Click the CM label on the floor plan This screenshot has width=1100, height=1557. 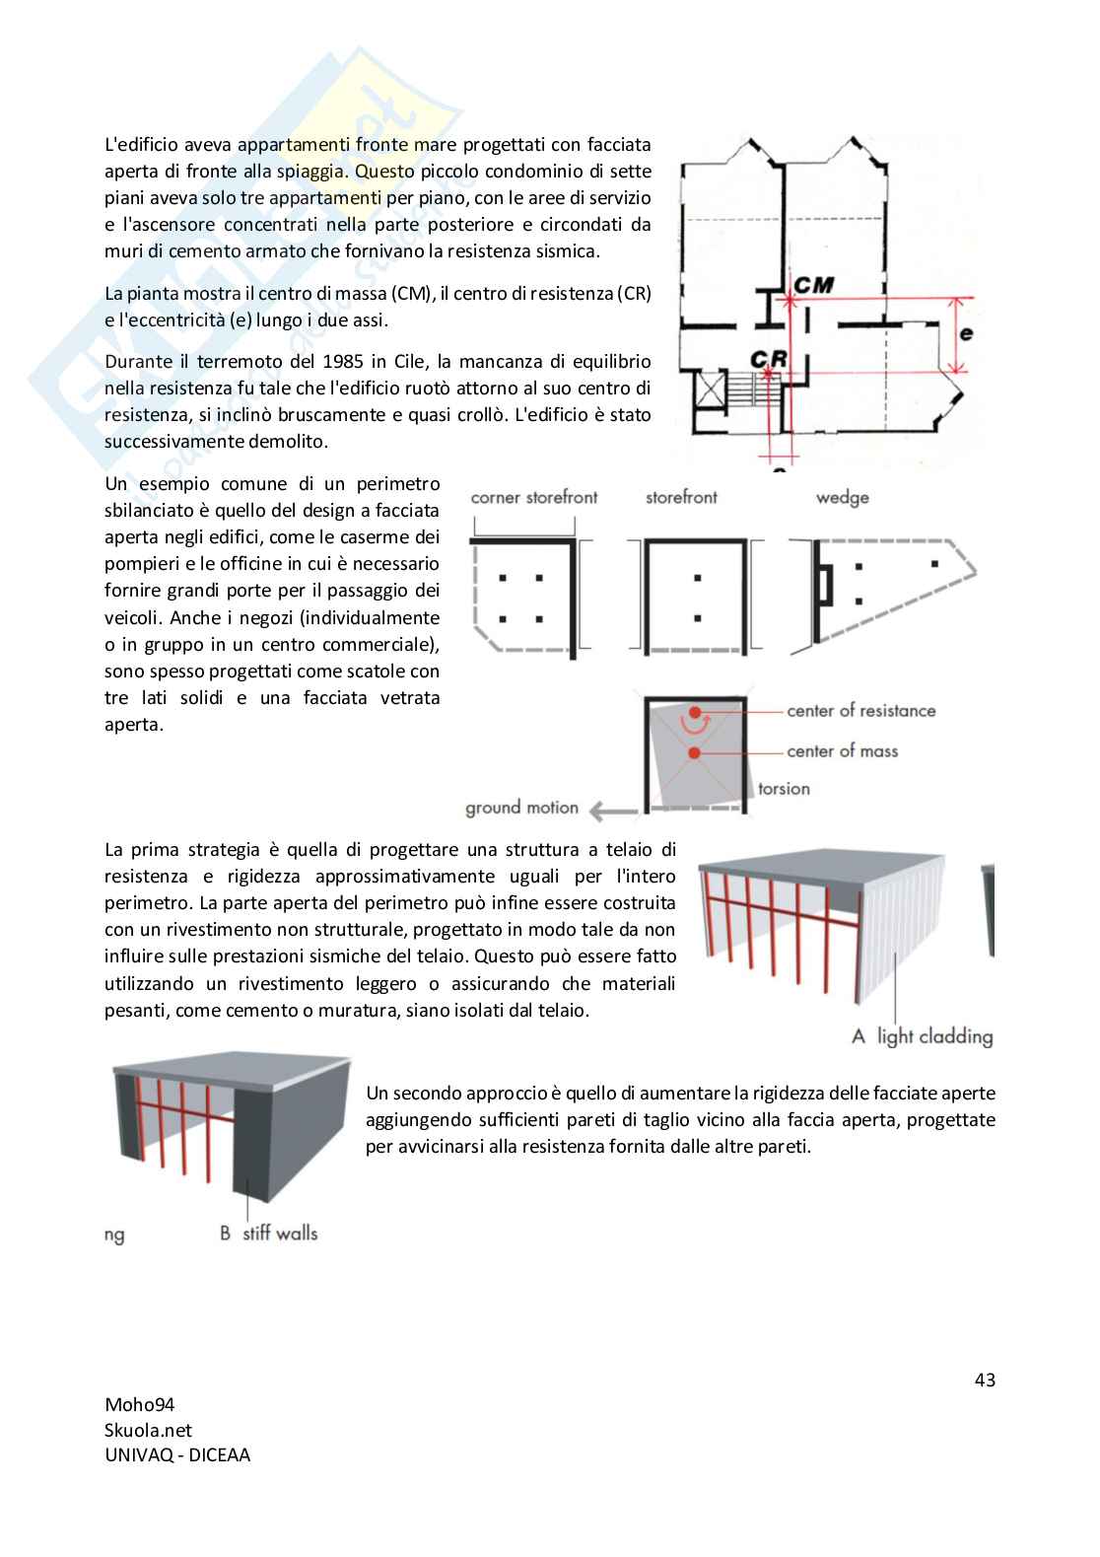(813, 285)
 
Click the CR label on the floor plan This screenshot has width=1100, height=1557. (769, 359)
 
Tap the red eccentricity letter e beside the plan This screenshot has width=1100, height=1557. (966, 333)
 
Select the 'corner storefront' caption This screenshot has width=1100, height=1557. (533, 498)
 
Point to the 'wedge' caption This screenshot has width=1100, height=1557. (842, 498)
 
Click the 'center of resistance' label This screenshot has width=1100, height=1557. (860, 711)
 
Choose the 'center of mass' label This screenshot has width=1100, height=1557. (842, 751)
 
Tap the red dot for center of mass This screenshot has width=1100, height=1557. (695, 752)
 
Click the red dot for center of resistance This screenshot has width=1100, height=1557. (695, 712)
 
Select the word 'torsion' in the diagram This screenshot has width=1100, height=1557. (784, 789)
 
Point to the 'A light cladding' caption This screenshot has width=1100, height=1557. (922, 1036)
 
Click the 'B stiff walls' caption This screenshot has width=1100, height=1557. (268, 1234)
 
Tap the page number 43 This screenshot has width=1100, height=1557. (985, 1380)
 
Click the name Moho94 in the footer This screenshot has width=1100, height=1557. (139, 1405)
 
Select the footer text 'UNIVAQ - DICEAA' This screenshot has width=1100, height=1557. (177, 1455)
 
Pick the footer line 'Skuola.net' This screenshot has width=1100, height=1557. (148, 1431)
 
